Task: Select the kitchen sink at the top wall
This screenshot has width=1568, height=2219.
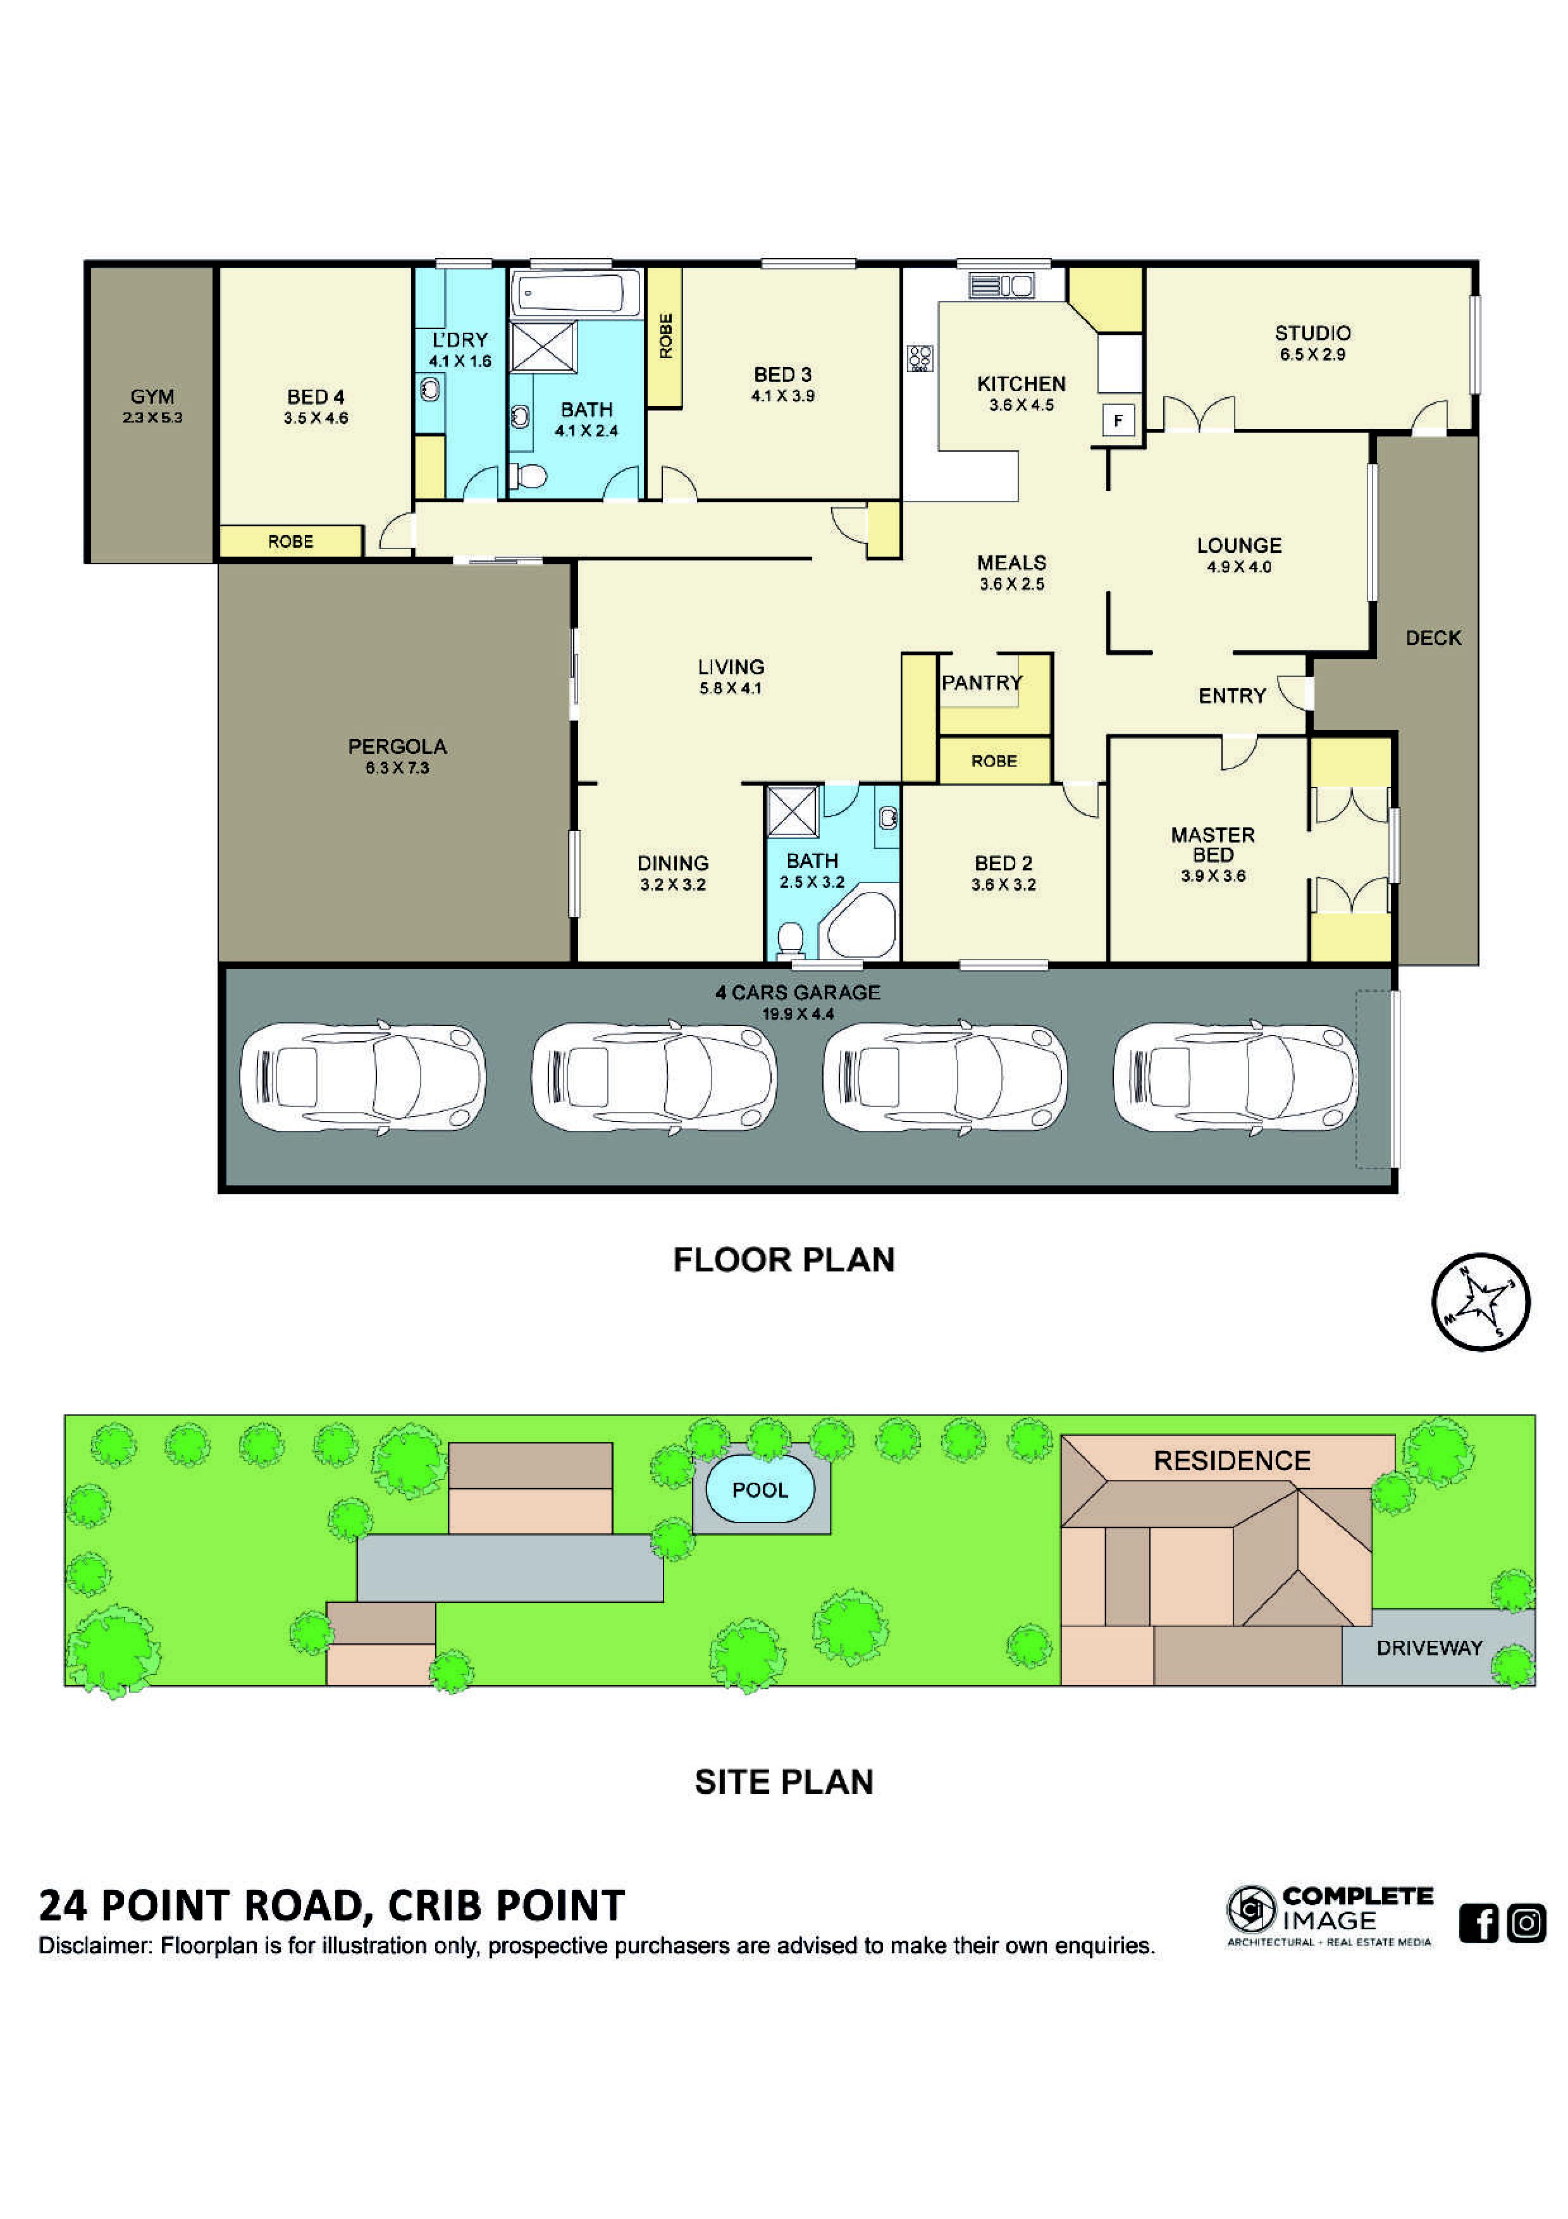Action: tap(1002, 285)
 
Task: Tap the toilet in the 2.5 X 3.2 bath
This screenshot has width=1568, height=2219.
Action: tap(790, 939)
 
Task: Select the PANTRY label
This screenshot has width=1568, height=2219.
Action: tap(982, 683)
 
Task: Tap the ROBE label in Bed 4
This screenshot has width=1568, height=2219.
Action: tap(291, 541)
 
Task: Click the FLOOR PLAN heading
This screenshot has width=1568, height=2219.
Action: tap(784, 1259)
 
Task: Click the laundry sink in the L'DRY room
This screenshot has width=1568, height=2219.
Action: tap(430, 390)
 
